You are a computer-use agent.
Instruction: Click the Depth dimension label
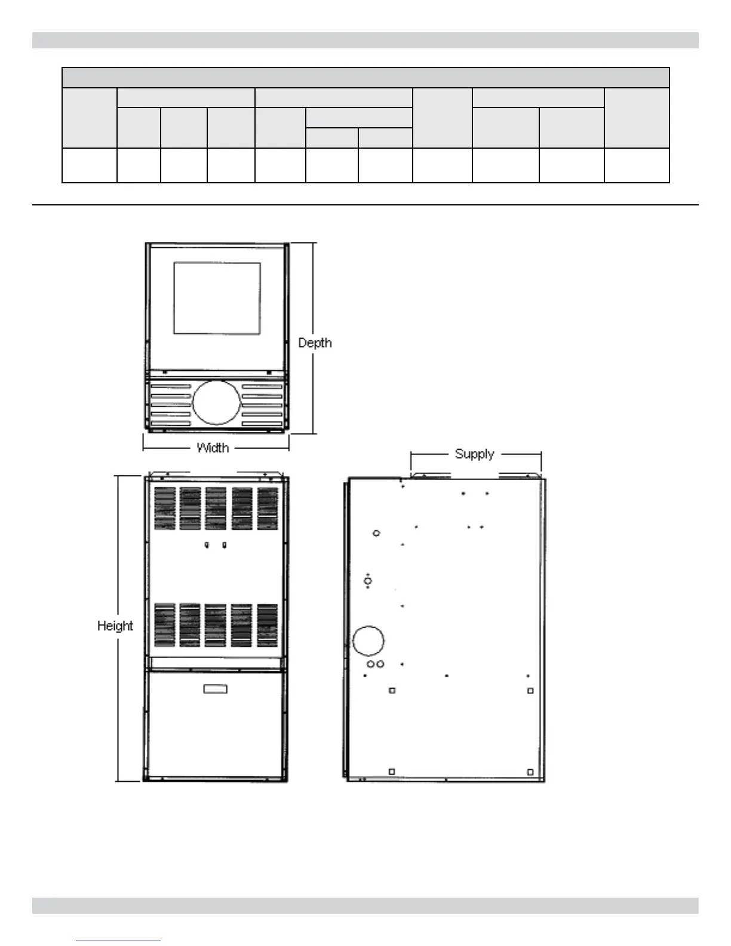pos(315,343)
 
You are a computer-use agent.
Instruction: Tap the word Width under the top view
pos(213,447)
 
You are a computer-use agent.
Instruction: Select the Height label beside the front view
pos(115,626)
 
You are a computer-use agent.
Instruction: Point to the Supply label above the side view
pos(475,454)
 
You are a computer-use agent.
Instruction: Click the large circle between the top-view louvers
pos(216,403)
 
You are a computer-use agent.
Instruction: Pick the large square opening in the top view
pos(217,298)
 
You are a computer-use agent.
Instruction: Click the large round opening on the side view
pos(368,640)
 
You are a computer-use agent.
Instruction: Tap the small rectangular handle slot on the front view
pos(216,689)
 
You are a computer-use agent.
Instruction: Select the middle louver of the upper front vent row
pos(216,508)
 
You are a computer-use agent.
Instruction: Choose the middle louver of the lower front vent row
pos(216,625)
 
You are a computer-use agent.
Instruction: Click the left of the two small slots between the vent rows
pos(207,545)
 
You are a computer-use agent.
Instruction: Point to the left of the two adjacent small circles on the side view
pos(371,664)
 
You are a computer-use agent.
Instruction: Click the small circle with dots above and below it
pos(368,580)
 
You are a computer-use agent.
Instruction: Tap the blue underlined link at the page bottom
pos(118,941)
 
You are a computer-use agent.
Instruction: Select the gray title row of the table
pos(365,78)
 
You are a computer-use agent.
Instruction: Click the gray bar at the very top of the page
pos(365,40)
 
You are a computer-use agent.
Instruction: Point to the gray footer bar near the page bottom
pos(365,905)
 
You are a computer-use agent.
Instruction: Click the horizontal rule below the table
pos(365,205)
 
